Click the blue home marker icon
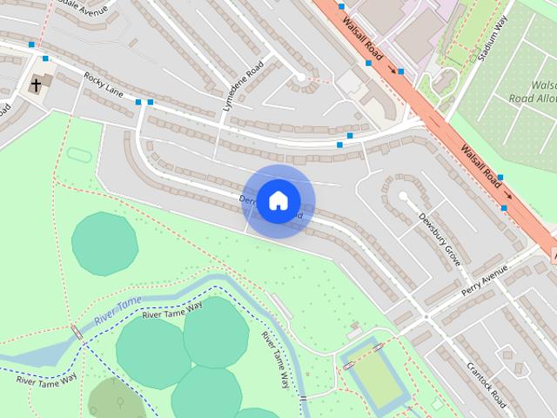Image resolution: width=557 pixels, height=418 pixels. coord(278,200)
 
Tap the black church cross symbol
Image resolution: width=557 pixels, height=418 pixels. coord(37,84)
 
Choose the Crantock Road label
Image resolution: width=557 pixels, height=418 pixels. coord(486,384)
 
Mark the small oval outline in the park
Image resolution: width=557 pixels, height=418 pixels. coord(79,154)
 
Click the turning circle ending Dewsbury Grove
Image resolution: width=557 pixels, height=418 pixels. coord(403,197)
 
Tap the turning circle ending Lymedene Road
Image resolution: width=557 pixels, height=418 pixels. coord(300,78)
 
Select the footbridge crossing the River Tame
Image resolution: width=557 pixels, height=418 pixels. coord(77,332)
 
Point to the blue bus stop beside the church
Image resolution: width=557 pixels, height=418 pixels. coord(45,59)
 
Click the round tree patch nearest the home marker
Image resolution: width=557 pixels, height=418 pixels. coord(104,243)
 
